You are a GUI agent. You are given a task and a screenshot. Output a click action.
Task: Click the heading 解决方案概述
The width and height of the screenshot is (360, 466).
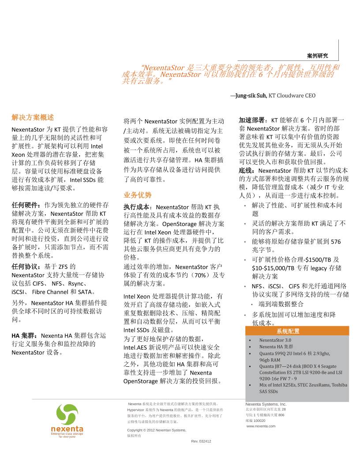point(33,117)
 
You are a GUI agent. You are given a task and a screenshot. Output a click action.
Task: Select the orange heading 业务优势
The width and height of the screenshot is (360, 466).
point(137,195)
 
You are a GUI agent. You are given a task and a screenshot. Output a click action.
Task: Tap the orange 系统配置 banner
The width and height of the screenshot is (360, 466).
point(288,331)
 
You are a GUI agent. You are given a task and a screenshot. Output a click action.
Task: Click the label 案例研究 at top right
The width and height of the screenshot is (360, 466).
point(317,56)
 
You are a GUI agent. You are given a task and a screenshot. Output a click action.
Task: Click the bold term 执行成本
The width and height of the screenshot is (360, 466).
point(138,207)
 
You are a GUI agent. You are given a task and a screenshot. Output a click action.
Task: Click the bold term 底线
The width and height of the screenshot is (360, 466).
point(247,170)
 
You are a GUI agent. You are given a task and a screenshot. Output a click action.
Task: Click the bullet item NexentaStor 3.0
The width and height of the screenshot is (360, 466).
point(275,340)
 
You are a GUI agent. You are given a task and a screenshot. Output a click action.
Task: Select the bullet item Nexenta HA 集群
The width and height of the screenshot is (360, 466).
point(276,347)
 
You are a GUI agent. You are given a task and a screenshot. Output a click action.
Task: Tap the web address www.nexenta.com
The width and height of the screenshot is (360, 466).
point(261,426)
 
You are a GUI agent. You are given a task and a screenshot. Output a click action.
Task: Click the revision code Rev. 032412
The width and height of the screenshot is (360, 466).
point(201,441)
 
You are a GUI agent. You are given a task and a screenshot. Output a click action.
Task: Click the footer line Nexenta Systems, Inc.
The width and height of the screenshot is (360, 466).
point(266,404)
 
